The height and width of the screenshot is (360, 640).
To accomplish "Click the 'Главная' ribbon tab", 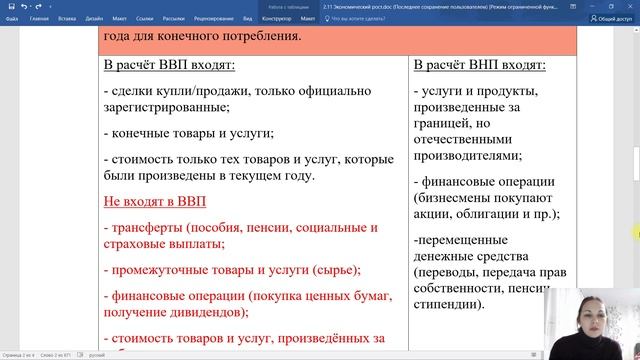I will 40,18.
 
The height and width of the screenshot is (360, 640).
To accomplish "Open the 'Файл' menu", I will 11,18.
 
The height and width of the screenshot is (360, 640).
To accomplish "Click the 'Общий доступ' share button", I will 611,18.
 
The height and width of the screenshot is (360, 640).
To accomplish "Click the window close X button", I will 630,5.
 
